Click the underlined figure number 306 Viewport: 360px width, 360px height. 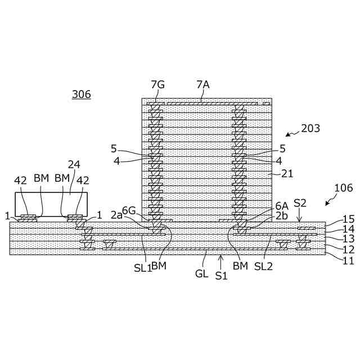(x=81, y=94)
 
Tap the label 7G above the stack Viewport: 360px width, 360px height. (x=157, y=84)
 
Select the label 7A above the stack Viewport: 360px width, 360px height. (x=203, y=84)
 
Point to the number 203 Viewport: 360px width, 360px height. (x=310, y=128)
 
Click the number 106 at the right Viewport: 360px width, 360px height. (x=343, y=188)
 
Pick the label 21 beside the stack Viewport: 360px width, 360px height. (x=287, y=174)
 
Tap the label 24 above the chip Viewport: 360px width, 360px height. (x=74, y=164)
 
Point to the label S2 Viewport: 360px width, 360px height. (x=300, y=202)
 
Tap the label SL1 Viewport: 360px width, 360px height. (x=142, y=268)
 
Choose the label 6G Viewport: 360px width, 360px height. (x=129, y=210)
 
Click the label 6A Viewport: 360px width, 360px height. (x=282, y=206)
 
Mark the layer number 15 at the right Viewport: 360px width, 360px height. (x=349, y=219)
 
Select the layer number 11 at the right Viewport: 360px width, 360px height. (x=349, y=260)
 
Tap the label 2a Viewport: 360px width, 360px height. (x=117, y=215)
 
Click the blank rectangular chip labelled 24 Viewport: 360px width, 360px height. (x=51, y=204)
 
